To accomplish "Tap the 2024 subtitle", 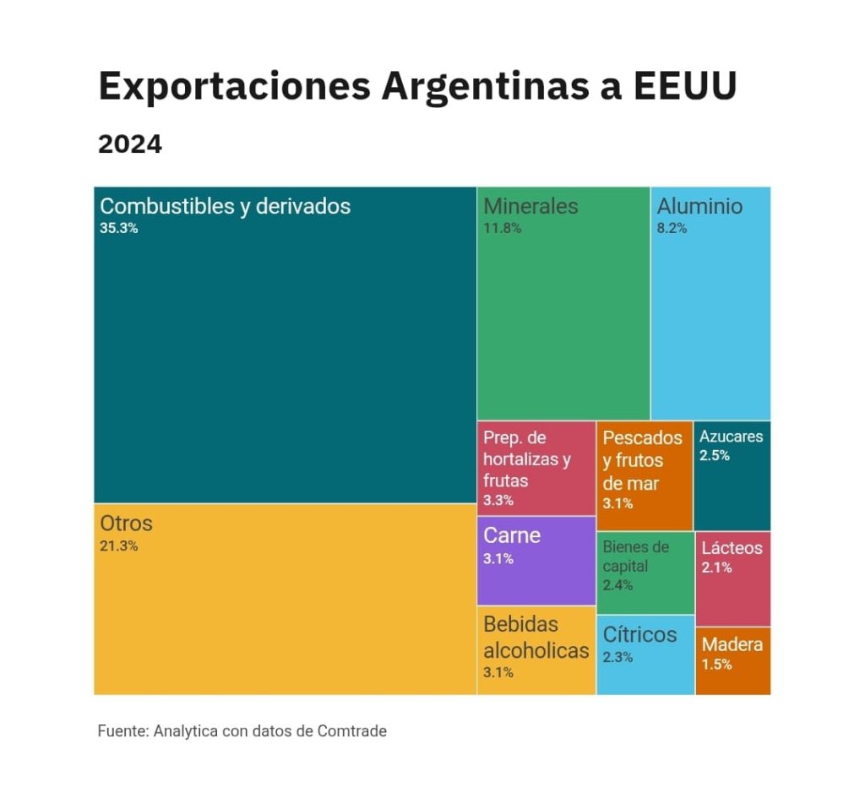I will pyautogui.click(x=130, y=144).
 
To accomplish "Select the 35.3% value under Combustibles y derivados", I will pyautogui.click(x=119, y=227).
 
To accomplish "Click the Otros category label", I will pyautogui.click(x=126, y=524).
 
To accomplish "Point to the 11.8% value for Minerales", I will pyautogui.click(x=503, y=227).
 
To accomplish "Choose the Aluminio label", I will pyautogui.click(x=699, y=206).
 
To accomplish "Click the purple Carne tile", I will pyautogui.click(x=536, y=561).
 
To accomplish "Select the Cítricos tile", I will pyautogui.click(x=645, y=655).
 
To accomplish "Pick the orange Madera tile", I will pyautogui.click(x=732, y=660).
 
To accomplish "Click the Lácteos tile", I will pyautogui.click(x=732, y=578).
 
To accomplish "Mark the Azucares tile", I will pyautogui.click(x=732, y=475).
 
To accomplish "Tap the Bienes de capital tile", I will pyautogui.click(x=645, y=572).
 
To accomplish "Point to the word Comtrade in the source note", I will pyautogui.click(x=351, y=731).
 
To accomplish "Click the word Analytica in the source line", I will pyautogui.click(x=186, y=731).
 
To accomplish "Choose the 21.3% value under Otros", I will pyautogui.click(x=119, y=545).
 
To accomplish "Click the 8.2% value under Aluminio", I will pyautogui.click(x=672, y=227).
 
